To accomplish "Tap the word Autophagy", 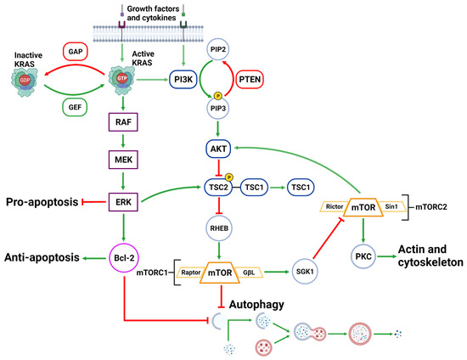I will tap(260, 302).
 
